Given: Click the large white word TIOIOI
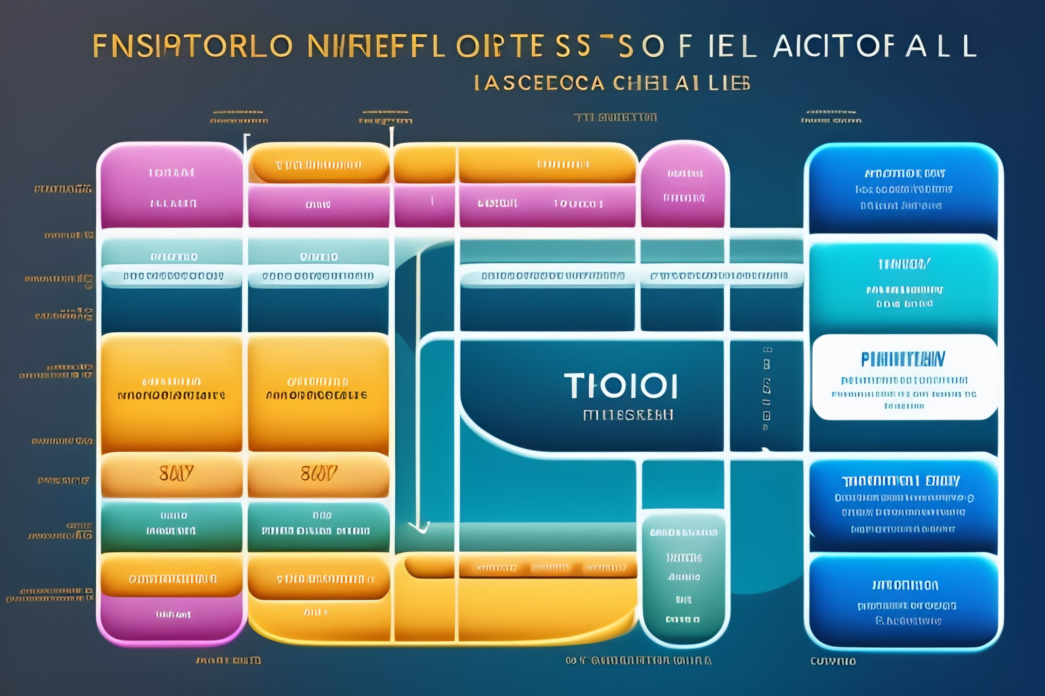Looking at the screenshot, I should [x=621, y=386].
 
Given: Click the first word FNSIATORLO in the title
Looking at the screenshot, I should [x=193, y=46].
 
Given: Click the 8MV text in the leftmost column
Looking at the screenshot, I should [x=176, y=474].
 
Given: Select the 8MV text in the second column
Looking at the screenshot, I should [x=318, y=474].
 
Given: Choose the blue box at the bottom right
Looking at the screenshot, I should [x=905, y=602].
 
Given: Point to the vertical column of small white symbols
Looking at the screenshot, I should [x=766, y=389].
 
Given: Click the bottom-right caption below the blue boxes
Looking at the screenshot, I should [x=833, y=661].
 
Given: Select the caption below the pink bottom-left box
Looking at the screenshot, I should [x=228, y=661].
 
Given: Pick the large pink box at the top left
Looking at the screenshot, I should [x=171, y=187].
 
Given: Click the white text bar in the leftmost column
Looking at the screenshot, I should [x=172, y=276].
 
